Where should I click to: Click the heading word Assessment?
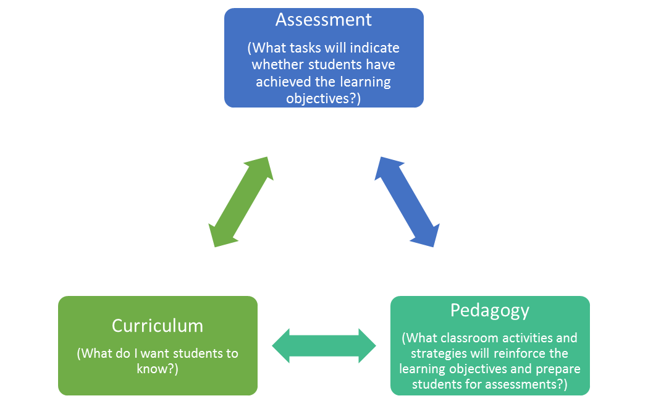(324, 20)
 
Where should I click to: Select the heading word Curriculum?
(158, 325)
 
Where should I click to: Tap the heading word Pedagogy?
(490, 310)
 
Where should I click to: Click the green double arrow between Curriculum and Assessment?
(241, 202)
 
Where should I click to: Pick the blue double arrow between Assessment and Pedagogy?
(406, 202)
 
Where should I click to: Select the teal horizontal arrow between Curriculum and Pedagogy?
(324, 345)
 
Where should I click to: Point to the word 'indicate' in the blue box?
(375, 48)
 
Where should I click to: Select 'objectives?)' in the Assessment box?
(324, 98)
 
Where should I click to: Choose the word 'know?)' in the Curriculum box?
(158, 369)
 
